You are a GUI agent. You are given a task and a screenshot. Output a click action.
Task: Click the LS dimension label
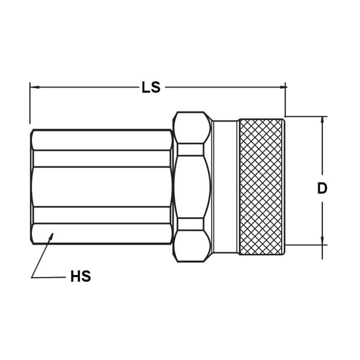[151, 87]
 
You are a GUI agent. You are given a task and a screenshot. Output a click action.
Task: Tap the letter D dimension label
[322, 188]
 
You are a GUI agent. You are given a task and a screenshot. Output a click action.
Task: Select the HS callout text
[80, 277]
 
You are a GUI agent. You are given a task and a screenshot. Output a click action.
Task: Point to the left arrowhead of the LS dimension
[33, 87]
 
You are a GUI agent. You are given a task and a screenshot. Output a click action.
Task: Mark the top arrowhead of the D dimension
[322, 120]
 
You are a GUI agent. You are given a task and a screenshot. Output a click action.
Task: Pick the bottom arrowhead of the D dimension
[322, 241]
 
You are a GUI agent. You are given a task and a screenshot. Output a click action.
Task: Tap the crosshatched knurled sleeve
[261, 186]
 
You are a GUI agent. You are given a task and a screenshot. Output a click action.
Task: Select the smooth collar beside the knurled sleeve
[225, 186]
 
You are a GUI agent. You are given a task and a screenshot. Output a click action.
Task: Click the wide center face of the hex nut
[192, 186]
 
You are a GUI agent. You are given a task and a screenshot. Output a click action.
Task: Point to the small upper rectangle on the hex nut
[190, 149]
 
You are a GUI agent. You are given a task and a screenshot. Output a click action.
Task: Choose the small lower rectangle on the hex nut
[190, 223]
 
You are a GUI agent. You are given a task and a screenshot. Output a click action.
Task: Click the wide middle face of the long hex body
[102, 186]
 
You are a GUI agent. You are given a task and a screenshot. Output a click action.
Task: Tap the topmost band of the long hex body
[102, 140]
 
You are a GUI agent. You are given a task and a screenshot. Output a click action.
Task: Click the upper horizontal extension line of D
[306, 116]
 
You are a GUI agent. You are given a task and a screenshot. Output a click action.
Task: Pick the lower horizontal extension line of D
[306, 245]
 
